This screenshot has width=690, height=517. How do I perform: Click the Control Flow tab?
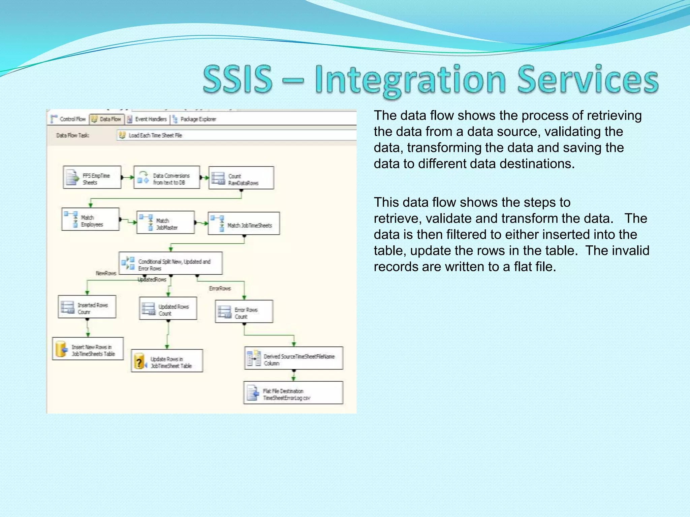pyautogui.click(x=68, y=119)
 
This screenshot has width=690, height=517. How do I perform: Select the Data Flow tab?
pyautogui.click(x=107, y=119)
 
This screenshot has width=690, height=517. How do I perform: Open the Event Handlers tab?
pyautogui.click(x=148, y=119)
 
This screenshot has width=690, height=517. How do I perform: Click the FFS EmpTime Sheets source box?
pyautogui.click(x=92, y=177)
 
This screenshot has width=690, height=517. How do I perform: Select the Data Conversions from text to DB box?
pyautogui.click(x=167, y=177)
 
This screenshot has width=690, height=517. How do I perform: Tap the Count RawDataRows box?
pyautogui.click(x=241, y=178)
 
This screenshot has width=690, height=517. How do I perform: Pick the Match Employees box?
pyautogui.click(x=91, y=219)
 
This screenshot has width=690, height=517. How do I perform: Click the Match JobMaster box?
pyautogui.click(x=166, y=222)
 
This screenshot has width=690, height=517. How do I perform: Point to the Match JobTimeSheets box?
pyautogui.click(x=244, y=224)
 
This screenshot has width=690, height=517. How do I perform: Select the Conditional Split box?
pyautogui.click(x=171, y=264)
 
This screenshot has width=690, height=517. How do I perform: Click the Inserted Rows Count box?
pyautogui.click(x=87, y=307)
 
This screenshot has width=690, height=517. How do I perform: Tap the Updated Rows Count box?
pyautogui.click(x=168, y=309)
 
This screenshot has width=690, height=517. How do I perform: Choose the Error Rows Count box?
pyautogui.click(x=244, y=312)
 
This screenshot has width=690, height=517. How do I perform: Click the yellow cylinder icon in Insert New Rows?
pyautogui.click(x=61, y=349)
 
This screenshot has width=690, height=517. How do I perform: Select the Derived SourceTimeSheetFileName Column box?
pyautogui.click(x=294, y=358)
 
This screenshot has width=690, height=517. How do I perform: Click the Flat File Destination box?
pyautogui.click(x=293, y=393)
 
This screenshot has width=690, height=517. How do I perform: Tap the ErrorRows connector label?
pyautogui.click(x=220, y=289)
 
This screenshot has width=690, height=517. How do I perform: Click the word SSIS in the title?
pyautogui.click(x=238, y=79)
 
